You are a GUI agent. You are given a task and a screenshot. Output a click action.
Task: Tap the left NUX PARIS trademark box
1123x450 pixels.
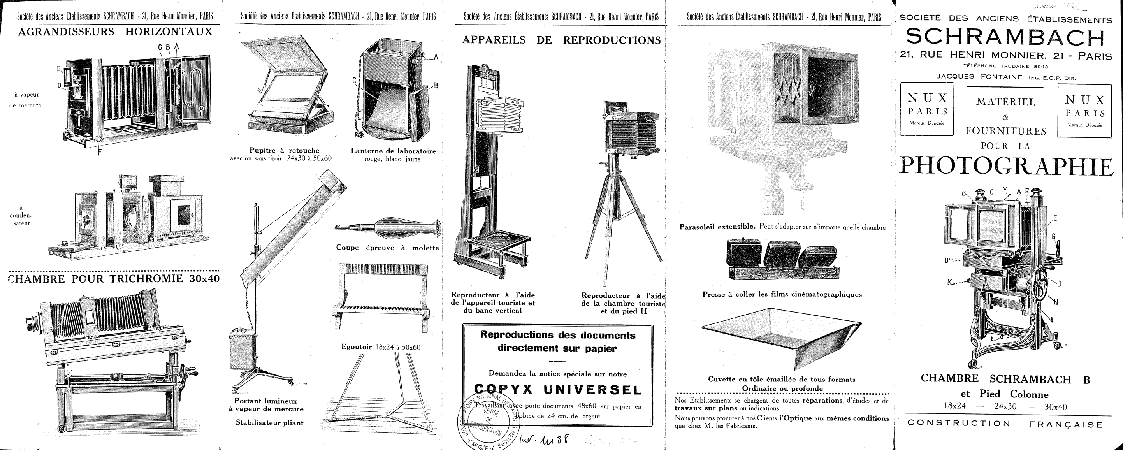[927, 109]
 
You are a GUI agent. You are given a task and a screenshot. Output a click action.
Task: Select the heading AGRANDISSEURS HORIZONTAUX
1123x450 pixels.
[115, 32]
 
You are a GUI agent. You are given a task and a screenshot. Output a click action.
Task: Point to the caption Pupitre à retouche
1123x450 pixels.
[284, 150]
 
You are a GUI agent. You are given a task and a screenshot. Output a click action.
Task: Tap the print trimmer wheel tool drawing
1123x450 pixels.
[388, 227]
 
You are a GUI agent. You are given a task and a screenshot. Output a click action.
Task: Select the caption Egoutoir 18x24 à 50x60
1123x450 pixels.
[381, 347]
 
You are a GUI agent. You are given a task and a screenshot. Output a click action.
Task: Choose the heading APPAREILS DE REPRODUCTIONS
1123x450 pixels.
[561, 40]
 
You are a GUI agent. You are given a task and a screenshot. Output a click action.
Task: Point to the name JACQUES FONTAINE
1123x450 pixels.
[979, 77]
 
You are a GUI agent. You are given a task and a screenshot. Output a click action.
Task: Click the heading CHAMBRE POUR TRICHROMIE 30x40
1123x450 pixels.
[114, 279]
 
